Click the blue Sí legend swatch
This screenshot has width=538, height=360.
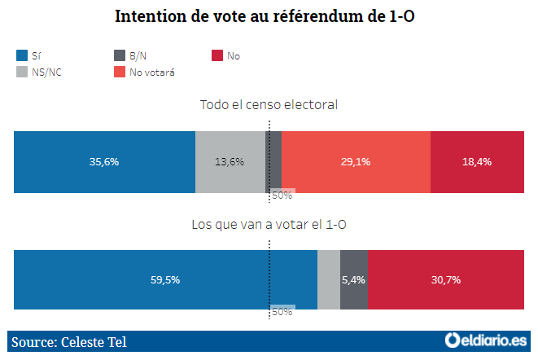click(x=22, y=55)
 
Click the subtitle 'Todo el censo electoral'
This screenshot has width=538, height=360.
click(x=269, y=105)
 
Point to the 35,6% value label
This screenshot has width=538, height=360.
click(x=104, y=161)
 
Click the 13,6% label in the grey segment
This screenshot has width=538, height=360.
click(x=230, y=161)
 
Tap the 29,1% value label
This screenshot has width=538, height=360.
click(x=356, y=161)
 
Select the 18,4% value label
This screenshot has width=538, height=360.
click(x=476, y=161)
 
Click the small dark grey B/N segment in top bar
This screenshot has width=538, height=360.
click(x=274, y=161)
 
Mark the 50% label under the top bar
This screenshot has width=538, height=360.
click(x=282, y=195)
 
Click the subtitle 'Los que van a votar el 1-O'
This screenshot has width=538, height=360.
click(x=269, y=224)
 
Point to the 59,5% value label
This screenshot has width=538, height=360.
click(x=165, y=279)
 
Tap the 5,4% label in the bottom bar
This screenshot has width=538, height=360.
click(x=353, y=279)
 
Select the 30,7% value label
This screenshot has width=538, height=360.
click(x=445, y=279)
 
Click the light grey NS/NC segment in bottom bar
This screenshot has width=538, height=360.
click(x=328, y=279)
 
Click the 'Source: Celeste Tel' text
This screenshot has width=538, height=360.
click(x=69, y=341)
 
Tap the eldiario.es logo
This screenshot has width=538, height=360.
click(x=485, y=340)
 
